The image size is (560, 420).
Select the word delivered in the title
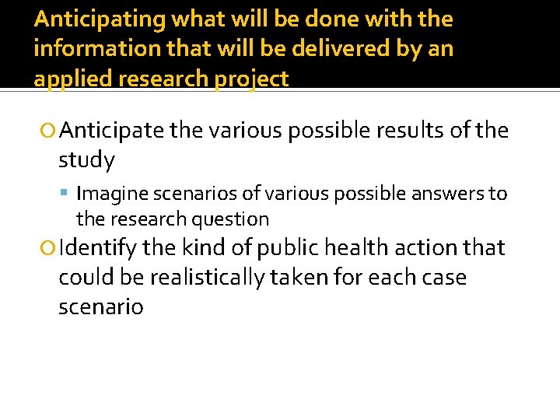tap(325, 49)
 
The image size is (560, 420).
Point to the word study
tap(87, 160)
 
